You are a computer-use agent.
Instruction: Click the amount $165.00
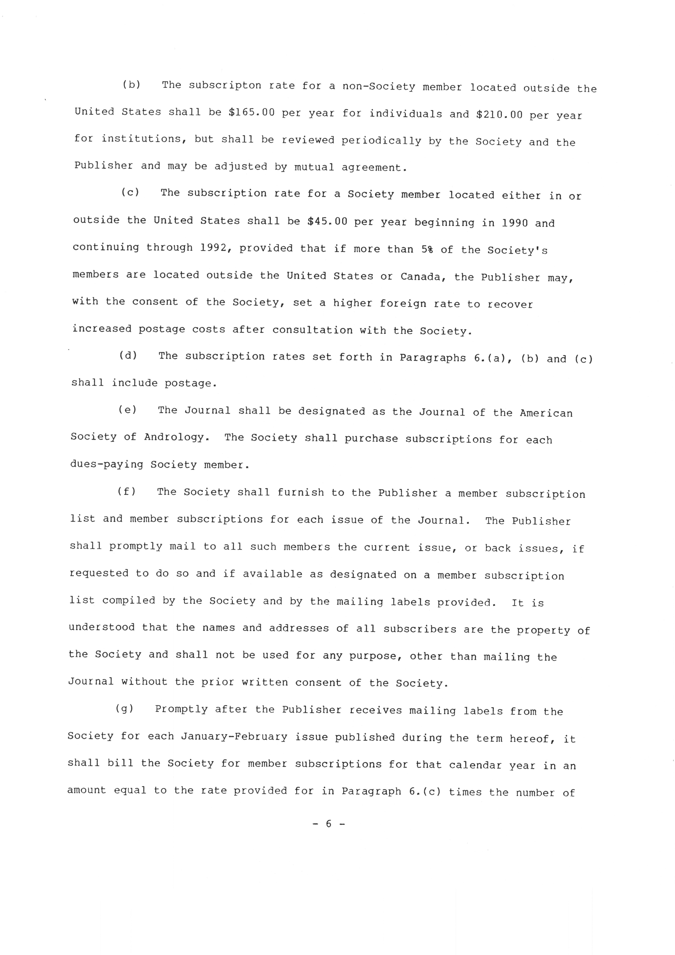[x=252, y=113]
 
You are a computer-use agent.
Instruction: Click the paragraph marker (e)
[x=127, y=410]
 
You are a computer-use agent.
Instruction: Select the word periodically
[x=381, y=141]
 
